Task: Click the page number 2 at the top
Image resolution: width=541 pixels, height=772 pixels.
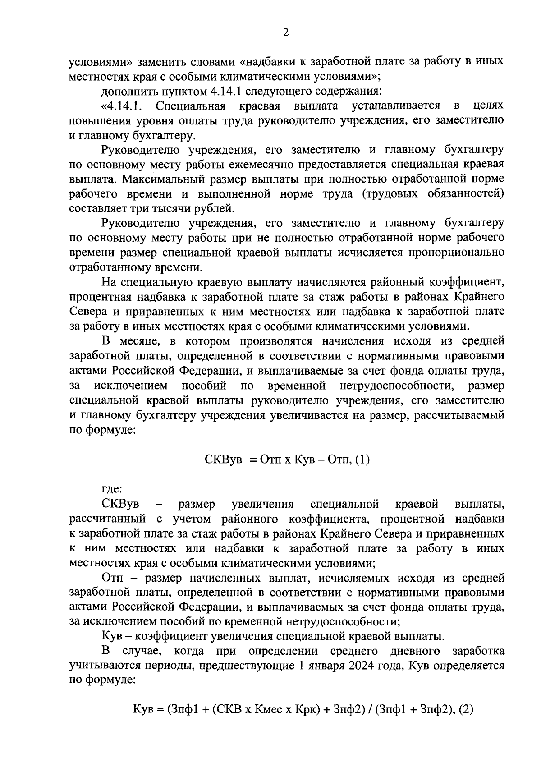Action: click(285, 32)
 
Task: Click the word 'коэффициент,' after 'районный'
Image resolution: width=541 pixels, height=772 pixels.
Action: click(471, 282)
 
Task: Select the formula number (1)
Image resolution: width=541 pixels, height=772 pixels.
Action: click(362, 460)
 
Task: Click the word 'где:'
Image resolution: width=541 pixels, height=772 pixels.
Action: click(112, 489)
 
